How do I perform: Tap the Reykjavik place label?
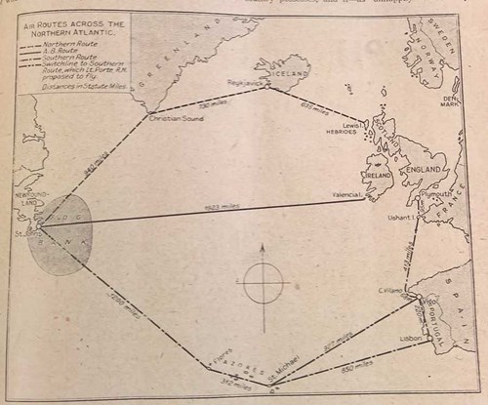pos(246,83)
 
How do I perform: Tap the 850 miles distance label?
pos(357,368)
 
